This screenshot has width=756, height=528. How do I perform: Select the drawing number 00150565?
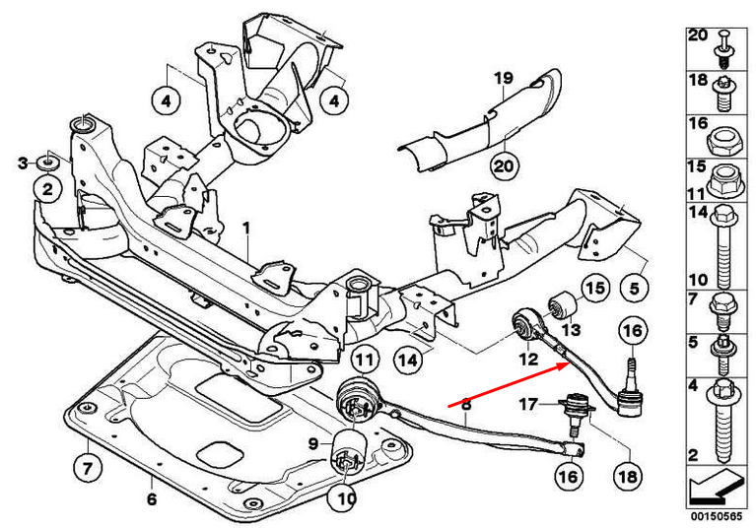click(716, 514)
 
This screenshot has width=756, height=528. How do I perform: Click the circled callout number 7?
click(87, 462)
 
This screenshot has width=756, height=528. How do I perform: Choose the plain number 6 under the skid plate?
click(151, 499)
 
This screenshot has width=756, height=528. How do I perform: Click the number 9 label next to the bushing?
click(314, 443)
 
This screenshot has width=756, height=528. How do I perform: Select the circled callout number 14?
click(407, 361)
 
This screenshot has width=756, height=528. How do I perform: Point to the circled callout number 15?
click(592, 288)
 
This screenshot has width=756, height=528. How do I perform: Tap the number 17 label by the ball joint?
click(529, 403)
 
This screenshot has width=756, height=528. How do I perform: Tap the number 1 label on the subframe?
click(246, 229)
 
